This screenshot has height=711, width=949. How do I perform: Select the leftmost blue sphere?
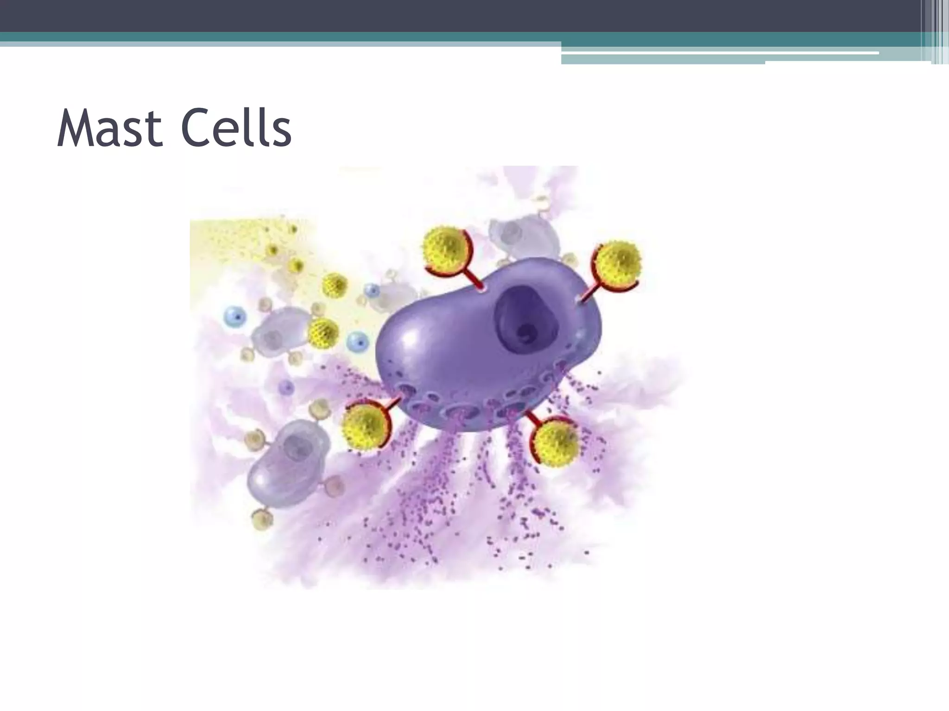coord(235,317)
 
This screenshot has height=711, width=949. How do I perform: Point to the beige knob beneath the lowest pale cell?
coord(262,520)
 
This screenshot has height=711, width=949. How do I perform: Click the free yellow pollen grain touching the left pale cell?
coord(323,332)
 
